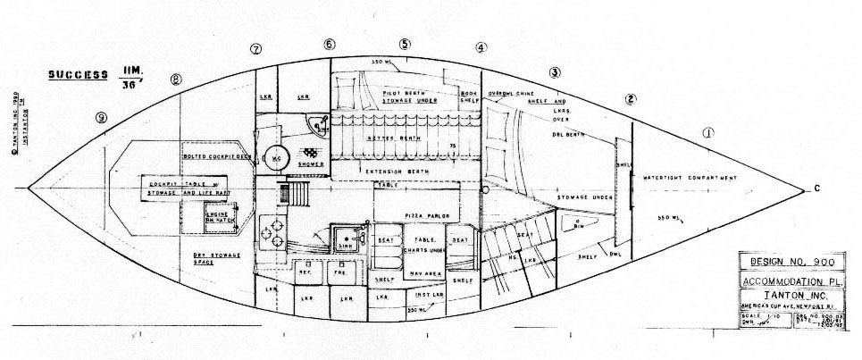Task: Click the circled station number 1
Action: (x=708, y=133)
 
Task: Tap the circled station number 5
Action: (x=406, y=44)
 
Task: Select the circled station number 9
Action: (x=103, y=117)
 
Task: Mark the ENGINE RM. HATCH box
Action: (x=221, y=220)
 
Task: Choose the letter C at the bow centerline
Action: (x=816, y=188)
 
